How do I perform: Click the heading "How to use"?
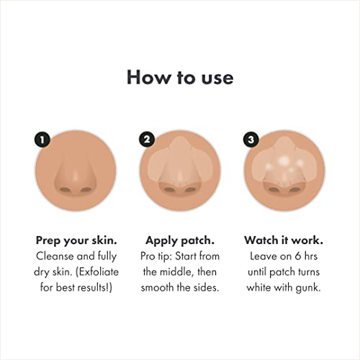click(x=180, y=77)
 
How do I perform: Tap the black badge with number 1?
click(x=44, y=140)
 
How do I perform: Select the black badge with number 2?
click(x=148, y=140)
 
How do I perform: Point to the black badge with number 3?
click(x=252, y=140)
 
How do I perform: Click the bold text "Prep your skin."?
click(x=76, y=240)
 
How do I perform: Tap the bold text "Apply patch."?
click(x=179, y=240)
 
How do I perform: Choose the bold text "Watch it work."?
click(x=284, y=240)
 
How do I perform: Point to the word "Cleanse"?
click(x=55, y=256)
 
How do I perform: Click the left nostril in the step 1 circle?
click(x=66, y=190)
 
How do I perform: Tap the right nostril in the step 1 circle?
click(x=86, y=190)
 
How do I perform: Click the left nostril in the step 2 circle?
click(x=170, y=190)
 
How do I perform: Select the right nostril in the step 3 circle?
click(x=294, y=190)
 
